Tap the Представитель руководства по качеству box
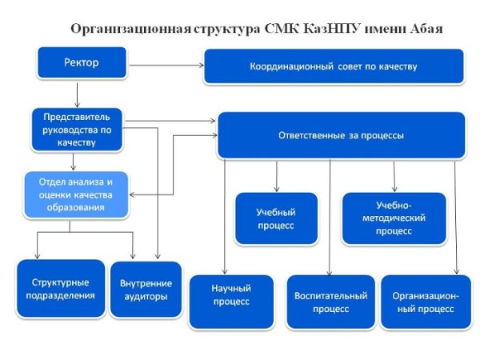click(77, 128)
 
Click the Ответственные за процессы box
click(342, 135)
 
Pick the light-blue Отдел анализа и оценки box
click(76, 194)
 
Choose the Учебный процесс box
click(275, 219)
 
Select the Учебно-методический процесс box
click(393, 218)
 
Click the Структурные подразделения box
click(61, 289)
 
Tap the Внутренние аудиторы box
click(144, 290)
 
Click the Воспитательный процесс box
click(330, 302)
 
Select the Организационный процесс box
click(426, 302)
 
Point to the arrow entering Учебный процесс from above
click(276, 174)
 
